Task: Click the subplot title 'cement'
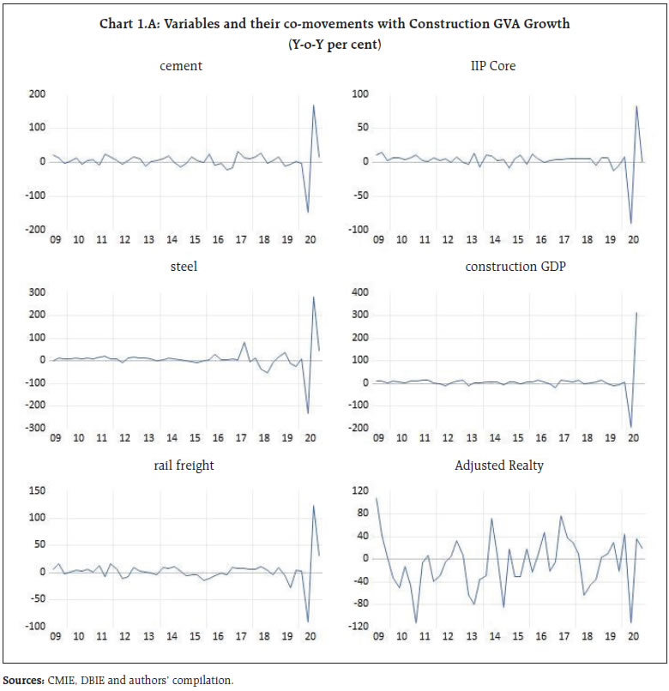point(180,66)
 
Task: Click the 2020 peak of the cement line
point(313,105)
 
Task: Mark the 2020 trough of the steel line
point(307,414)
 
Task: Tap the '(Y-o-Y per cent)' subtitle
point(334,42)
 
